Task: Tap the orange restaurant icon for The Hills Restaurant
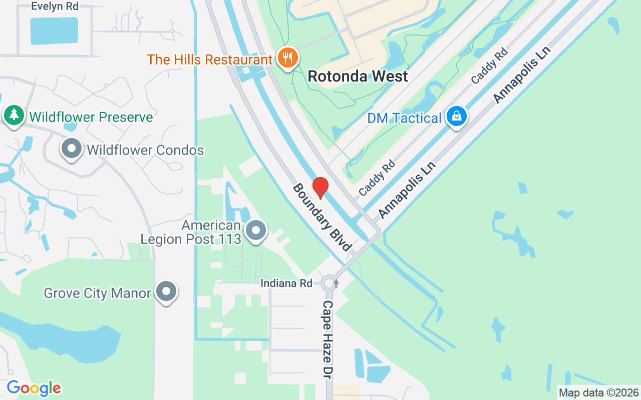coord(287,58)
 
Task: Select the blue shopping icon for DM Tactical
coord(456,116)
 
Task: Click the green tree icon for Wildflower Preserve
coord(14,115)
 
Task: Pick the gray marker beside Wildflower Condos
coord(72,148)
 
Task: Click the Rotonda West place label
coord(358,76)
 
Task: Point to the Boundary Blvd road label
coord(322,217)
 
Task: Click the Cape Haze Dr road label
coord(328,339)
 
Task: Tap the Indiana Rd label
coord(286,283)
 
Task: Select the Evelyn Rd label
coord(55,6)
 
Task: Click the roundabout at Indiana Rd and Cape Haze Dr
coord(329,283)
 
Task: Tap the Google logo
coord(34,388)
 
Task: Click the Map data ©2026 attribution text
coord(599,392)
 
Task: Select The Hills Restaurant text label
coord(209,59)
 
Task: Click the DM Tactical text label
coord(404,118)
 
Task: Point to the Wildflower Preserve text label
coord(91,117)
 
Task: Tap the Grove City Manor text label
coord(97,292)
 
